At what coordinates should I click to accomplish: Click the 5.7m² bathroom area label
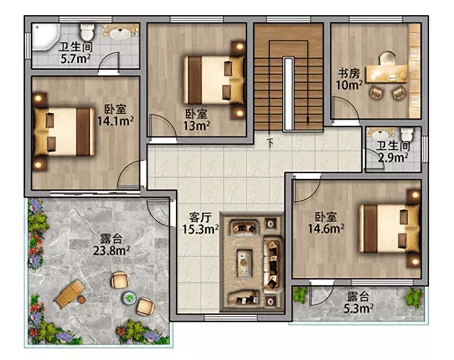[75, 59]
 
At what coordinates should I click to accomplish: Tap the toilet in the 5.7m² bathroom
[87, 32]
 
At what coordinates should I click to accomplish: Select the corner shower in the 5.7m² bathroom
[46, 37]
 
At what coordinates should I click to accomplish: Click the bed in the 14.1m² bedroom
[64, 131]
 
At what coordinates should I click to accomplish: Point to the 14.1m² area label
[115, 121]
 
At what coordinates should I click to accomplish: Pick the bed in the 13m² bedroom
[214, 80]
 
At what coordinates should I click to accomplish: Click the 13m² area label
[197, 126]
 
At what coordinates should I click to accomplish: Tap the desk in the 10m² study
[387, 74]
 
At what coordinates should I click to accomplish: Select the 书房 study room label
[349, 73]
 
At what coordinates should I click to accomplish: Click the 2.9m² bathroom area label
[393, 158]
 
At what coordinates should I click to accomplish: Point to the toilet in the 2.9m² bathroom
[407, 134]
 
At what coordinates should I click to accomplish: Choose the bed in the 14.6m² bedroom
[389, 229]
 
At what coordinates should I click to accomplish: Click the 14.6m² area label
[325, 229]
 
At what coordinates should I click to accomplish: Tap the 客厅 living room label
[200, 218]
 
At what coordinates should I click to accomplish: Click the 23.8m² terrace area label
[111, 250]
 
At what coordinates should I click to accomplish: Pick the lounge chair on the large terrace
[70, 294]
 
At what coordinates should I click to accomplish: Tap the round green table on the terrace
[129, 297]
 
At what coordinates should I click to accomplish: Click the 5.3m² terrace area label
[358, 309]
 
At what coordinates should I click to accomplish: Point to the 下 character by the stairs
[271, 142]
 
